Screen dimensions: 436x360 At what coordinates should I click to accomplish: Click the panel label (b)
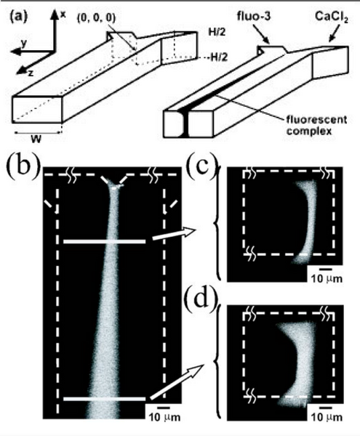(25, 155)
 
